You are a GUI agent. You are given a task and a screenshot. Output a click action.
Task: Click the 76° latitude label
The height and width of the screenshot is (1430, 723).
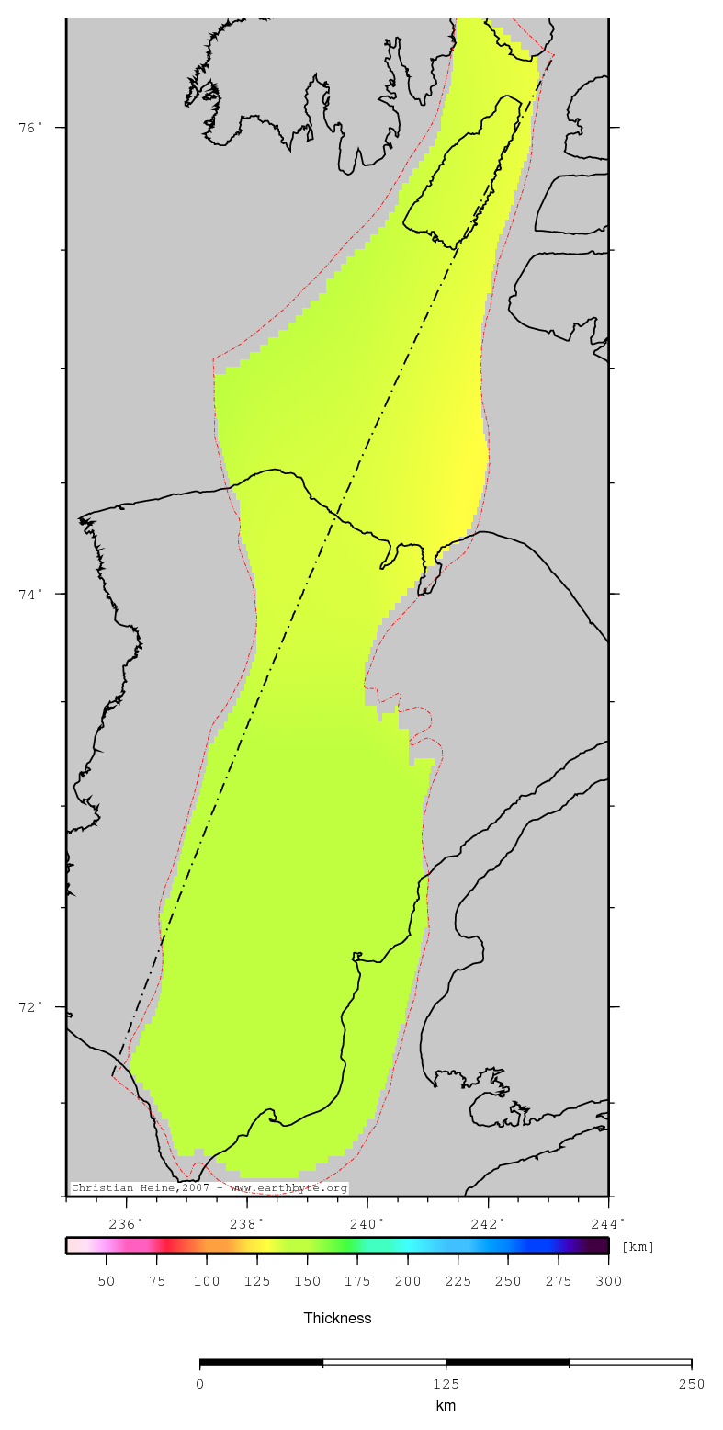coord(30,128)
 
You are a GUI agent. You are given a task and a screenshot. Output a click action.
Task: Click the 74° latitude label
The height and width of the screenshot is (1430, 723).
coord(30,594)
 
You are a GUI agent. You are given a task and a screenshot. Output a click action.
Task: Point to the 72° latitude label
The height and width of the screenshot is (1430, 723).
coord(30,1006)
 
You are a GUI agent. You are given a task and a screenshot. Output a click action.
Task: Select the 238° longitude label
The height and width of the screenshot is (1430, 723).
coord(247,1223)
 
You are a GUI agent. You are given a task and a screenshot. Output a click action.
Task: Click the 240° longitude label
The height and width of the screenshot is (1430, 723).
coord(367,1223)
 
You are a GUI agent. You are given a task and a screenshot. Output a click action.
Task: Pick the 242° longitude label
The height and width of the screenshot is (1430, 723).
coord(488,1223)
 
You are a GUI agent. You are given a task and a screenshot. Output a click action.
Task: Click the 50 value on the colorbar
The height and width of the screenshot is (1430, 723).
coord(106,1282)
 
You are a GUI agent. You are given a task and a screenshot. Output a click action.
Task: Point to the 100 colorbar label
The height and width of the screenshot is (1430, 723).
coord(207,1282)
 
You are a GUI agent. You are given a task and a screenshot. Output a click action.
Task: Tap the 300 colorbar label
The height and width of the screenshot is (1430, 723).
coord(608,1282)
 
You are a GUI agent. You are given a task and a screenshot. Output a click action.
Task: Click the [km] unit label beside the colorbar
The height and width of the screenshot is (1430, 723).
coord(638,1247)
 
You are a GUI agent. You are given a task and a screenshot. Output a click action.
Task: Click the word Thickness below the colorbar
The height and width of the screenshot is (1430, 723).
coord(337,1318)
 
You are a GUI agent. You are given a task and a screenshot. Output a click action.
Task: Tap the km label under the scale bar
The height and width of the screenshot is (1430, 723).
coord(446,1406)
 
